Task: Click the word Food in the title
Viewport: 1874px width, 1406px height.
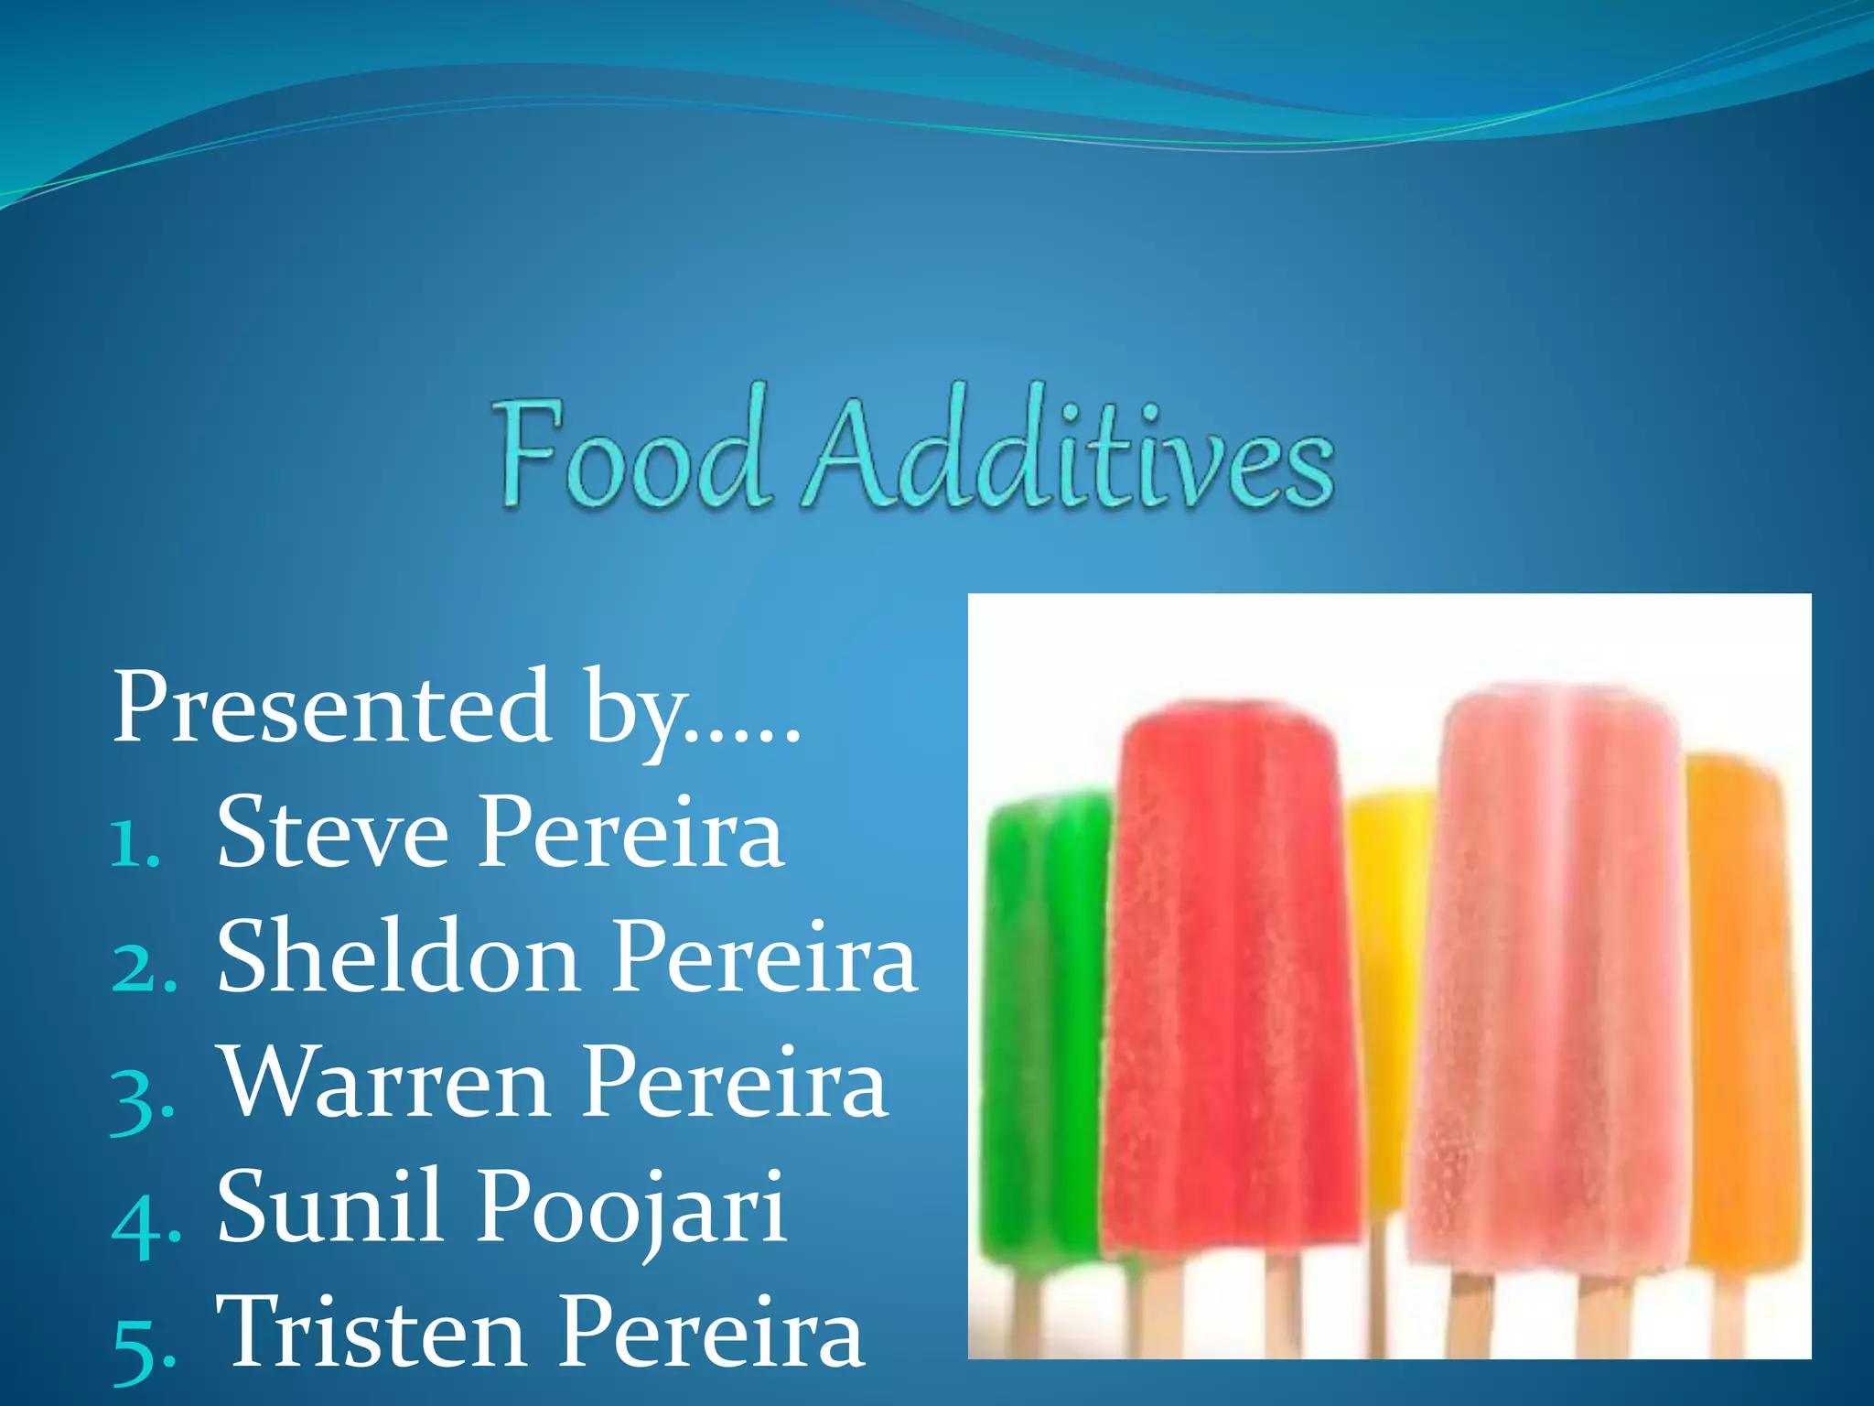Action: (x=631, y=453)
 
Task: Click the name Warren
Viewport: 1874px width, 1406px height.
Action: (x=385, y=1083)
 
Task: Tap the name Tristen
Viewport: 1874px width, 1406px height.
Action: (x=371, y=1332)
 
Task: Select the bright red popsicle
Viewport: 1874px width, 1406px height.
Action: (x=1231, y=970)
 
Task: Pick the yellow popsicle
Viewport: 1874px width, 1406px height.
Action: (x=1386, y=961)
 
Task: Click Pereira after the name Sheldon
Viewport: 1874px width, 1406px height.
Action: (x=764, y=957)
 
